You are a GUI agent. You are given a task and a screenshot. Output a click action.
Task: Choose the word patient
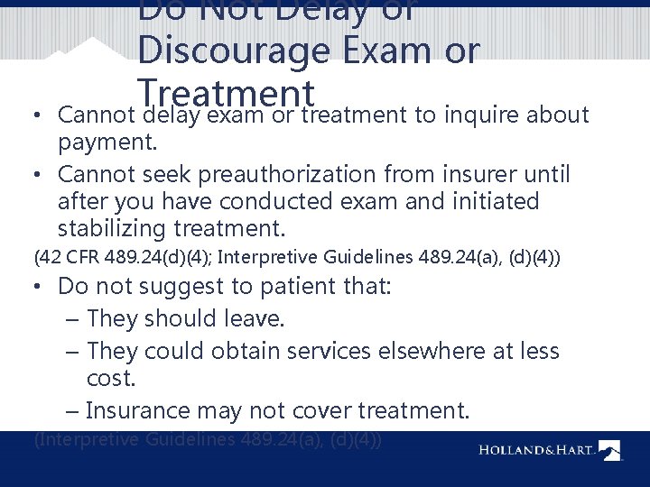click(319, 288)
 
